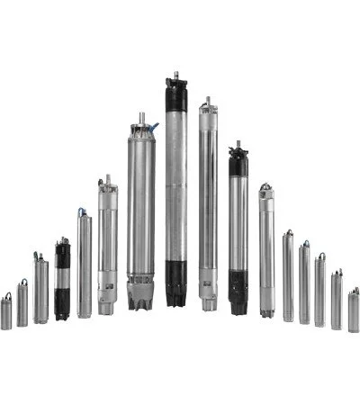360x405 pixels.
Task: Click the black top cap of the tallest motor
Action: click(175, 94)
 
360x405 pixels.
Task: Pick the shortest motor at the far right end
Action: click(354, 310)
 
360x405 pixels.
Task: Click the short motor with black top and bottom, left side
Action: click(62, 279)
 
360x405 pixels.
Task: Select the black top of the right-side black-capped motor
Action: click(238, 162)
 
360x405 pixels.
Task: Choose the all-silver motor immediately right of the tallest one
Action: click(208, 207)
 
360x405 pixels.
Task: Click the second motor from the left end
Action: click(22, 304)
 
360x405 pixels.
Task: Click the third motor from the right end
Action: click(320, 290)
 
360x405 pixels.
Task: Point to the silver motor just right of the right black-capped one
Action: click(266, 252)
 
